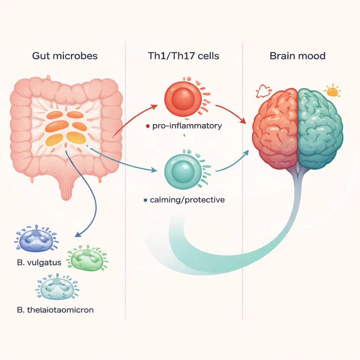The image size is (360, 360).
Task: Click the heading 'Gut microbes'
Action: pyautogui.click(x=65, y=56)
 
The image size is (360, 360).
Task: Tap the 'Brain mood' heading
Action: pyautogui.click(x=297, y=56)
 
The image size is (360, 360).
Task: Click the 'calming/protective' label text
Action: pyautogui.click(x=187, y=200)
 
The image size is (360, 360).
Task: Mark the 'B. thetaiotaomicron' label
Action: pyautogui.click(x=55, y=310)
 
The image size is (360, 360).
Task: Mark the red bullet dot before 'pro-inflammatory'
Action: pyautogui.click(x=148, y=126)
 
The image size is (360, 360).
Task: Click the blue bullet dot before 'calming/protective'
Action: pyautogui.click(x=146, y=200)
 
